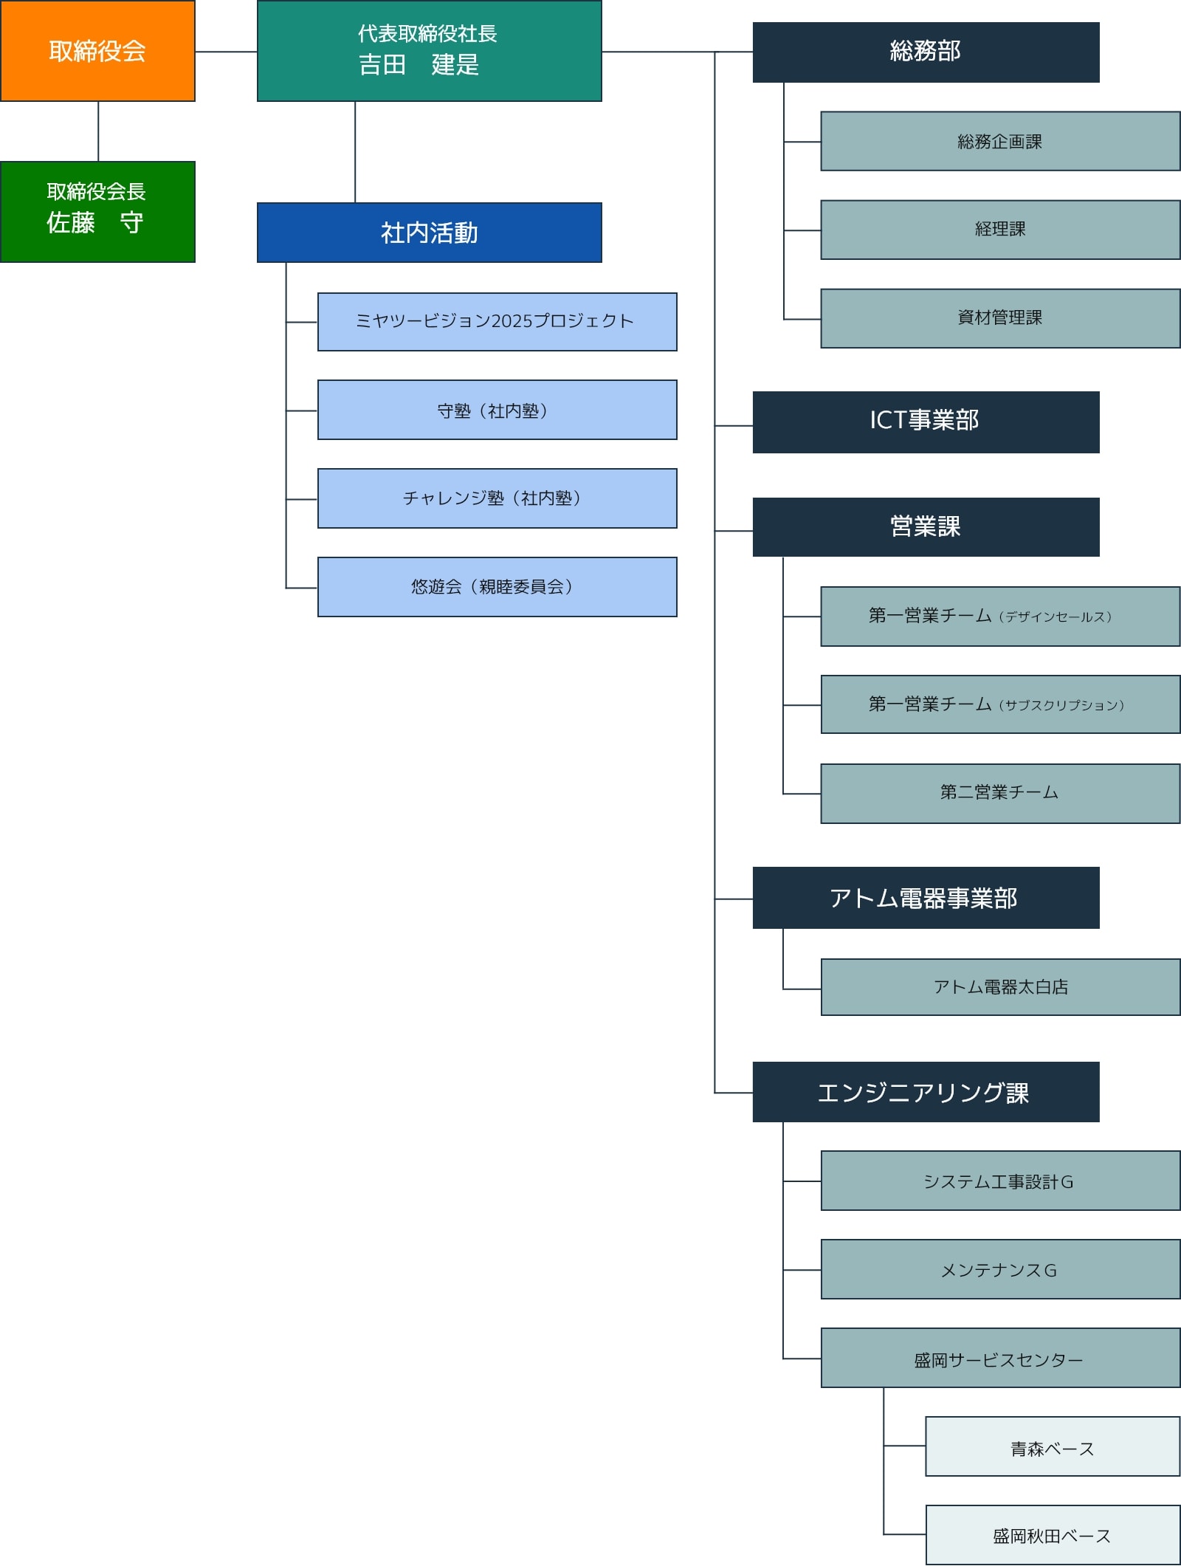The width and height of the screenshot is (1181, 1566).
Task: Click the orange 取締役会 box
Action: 97,51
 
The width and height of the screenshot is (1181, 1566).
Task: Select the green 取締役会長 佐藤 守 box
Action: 97,211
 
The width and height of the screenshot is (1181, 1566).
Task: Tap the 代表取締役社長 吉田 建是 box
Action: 429,51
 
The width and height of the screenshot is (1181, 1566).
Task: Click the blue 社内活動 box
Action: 429,233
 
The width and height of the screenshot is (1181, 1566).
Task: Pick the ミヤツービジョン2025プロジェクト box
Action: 497,322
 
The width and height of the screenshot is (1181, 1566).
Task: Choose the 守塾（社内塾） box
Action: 497,410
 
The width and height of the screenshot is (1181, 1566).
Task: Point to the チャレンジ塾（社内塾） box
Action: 497,498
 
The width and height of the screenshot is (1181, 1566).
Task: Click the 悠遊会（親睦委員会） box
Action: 497,587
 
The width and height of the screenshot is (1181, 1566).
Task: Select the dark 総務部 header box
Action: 926,52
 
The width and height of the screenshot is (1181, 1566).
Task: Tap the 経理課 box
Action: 1000,230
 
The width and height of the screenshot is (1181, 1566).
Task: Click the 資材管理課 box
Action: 1000,318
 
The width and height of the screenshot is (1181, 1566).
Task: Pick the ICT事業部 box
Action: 926,422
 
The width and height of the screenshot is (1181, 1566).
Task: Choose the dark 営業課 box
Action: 926,527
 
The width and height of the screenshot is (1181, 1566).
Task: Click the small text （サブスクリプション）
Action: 1061,706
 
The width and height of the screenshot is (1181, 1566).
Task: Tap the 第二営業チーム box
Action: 1000,794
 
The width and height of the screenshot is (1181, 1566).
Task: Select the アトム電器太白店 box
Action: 1000,987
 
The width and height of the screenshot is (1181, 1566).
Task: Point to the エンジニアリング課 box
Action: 926,1092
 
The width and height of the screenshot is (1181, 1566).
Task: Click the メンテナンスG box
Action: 1000,1269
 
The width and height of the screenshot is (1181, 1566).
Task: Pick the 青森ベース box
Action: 1053,1446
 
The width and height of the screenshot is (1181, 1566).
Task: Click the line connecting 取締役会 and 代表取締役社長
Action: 226,52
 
